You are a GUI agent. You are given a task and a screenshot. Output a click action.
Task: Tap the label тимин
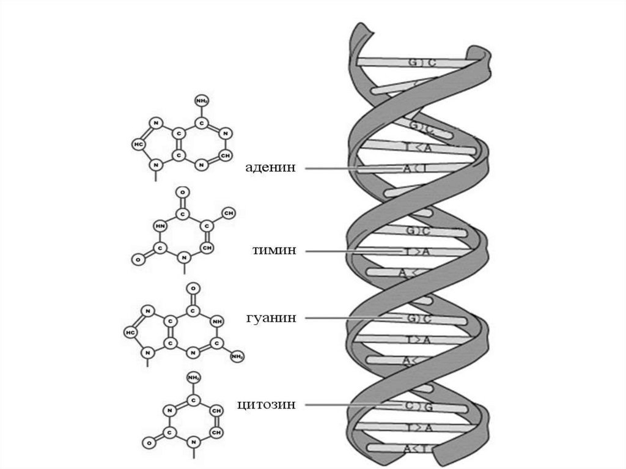(x=274, y=251)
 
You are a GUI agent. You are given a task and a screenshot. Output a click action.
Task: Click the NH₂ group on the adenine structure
(x=201, y=100)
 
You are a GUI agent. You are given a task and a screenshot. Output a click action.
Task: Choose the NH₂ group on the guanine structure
(x=237, y=356)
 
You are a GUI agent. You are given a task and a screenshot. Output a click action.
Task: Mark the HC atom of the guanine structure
(x=130, y=332)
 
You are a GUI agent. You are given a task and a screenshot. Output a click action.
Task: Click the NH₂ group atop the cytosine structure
(x=194, y=377)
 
